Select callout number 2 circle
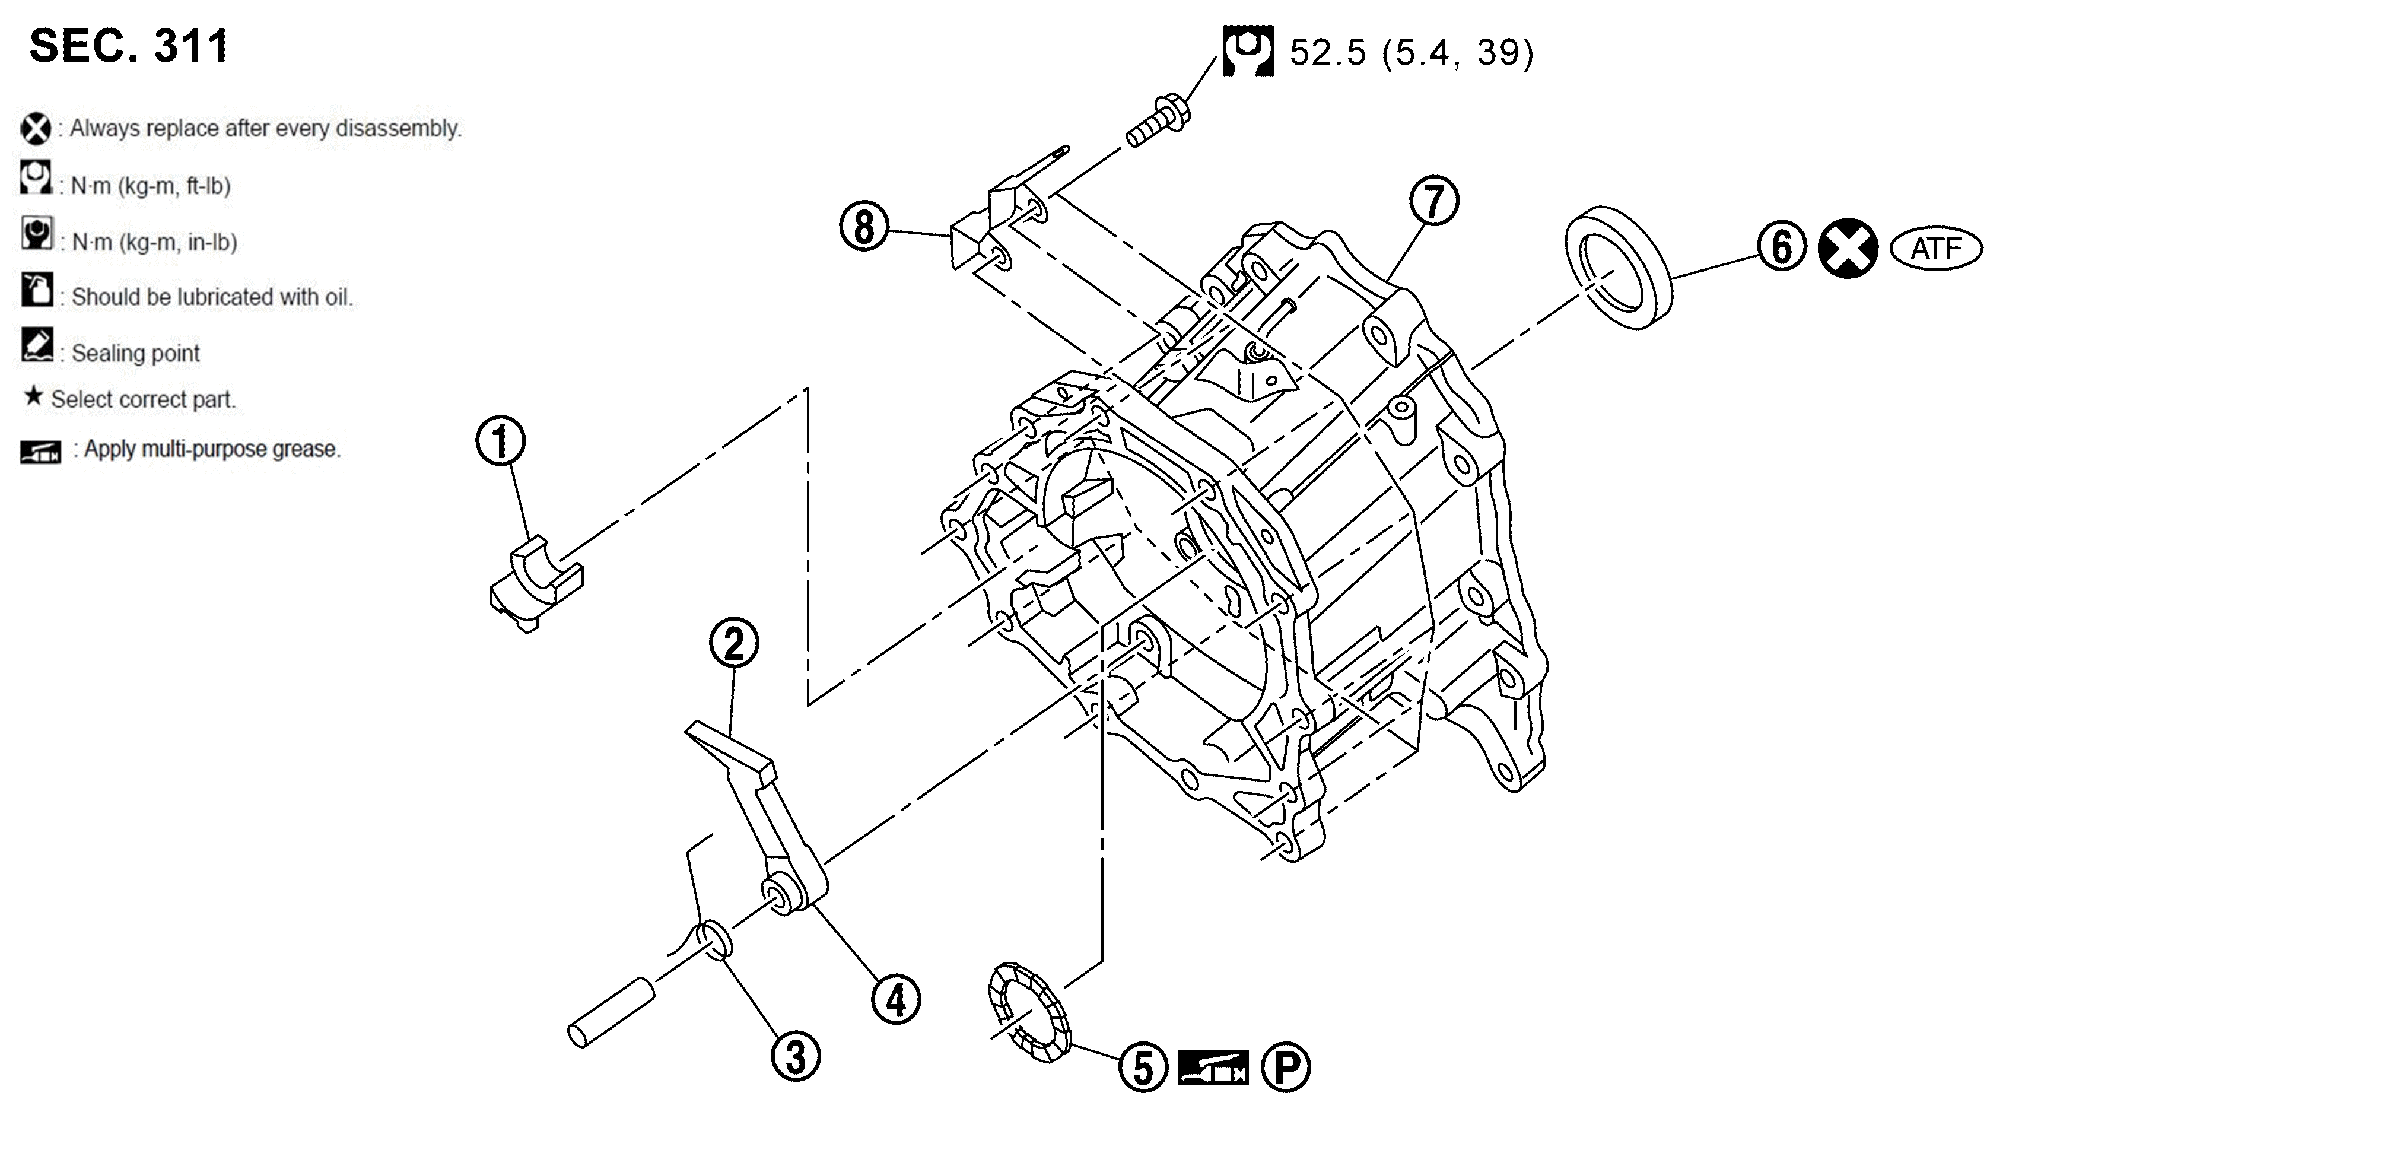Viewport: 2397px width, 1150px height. point(733,643)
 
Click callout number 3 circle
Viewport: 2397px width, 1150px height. point(796,1057)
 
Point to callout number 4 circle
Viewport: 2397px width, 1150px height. point(895,1000)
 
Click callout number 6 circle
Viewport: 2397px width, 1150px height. point(1781,247)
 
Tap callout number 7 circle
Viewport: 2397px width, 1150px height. point(1434,202)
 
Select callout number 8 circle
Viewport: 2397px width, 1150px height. point(863,227)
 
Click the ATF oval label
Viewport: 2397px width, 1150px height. point(1937,249)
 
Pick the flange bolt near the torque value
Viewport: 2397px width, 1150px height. point(1159,121)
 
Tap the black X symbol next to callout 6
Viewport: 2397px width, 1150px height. point(1848,249)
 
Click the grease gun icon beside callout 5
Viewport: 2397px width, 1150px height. point(1213,1067)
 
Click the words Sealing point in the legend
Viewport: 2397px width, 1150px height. point(136,354)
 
